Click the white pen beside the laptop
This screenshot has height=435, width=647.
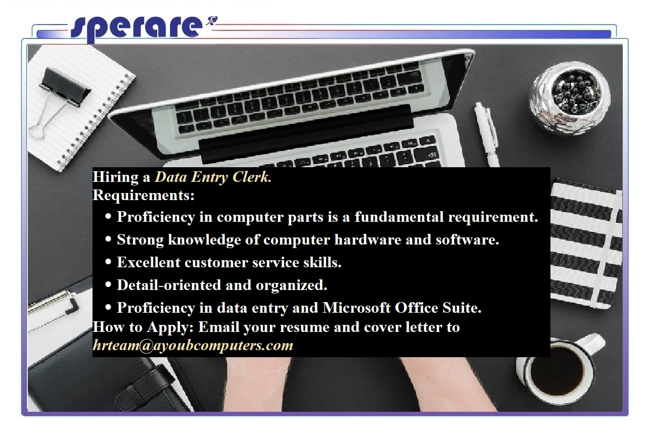tap(486, 133)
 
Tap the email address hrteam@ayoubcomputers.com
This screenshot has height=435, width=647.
tap(193, 346)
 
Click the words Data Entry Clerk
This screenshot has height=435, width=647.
tap(213, 177)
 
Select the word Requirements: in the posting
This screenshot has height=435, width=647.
tap(144, 195)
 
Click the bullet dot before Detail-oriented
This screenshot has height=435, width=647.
tap(108, 285)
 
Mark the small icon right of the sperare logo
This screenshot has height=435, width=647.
tap(211, 21)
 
